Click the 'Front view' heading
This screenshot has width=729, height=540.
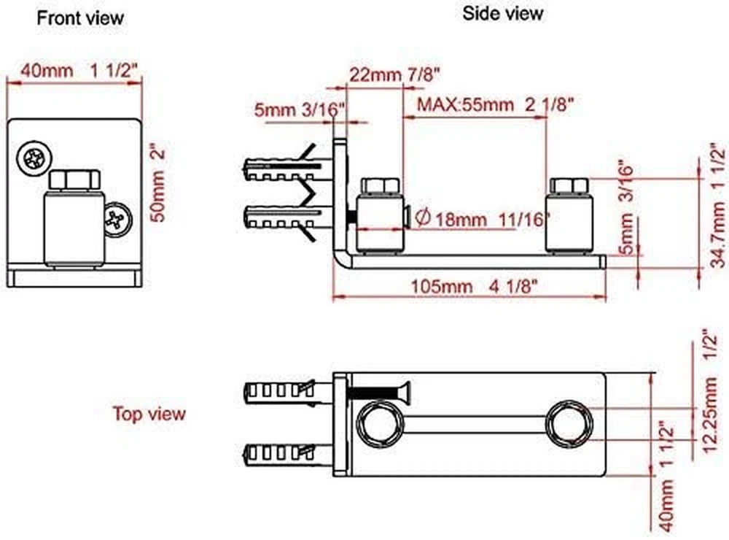coord(80,18)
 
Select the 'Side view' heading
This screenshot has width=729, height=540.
coord(502,13)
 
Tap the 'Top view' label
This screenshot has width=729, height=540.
coord(149,413)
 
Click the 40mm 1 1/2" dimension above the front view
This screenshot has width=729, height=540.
coord(79,71)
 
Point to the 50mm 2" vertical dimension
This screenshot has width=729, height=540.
coord(158,185)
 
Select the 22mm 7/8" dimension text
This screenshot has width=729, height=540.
coord(394,74)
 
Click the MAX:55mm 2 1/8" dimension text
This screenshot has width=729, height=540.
coord(495,104)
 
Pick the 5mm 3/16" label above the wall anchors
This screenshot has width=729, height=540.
coord(299,110)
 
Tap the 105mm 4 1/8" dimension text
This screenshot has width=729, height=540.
coord(474,286)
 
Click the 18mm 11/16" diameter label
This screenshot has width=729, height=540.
coord(483,218)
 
